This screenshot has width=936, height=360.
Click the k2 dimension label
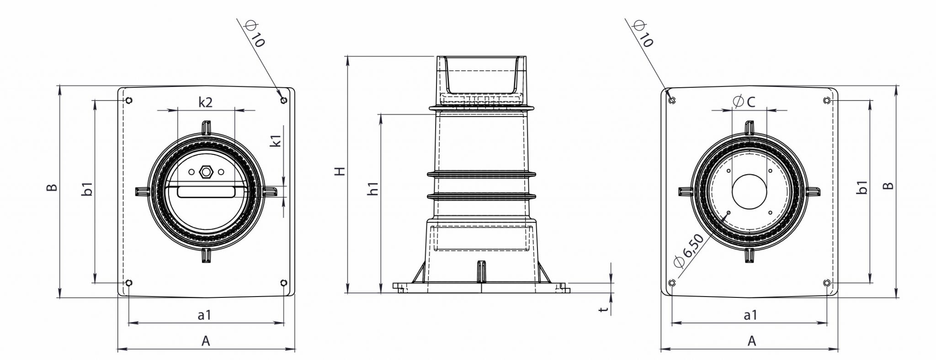(x=205, y=102)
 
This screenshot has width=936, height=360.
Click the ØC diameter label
(x=744, y=102)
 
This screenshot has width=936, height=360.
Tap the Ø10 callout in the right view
(x=642, y=34)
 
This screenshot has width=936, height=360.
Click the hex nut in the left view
(x=206, y=172)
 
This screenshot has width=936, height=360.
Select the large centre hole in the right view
(x=750, y=191)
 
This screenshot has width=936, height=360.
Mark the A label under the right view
(x=751, y=340)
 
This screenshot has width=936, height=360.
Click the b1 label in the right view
(x=862, y=187)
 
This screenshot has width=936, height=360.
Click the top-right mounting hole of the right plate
(x=826, y=100)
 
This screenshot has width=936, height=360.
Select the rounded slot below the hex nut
(x=206, y=192)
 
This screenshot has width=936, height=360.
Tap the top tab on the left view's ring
(x=206, y=127)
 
